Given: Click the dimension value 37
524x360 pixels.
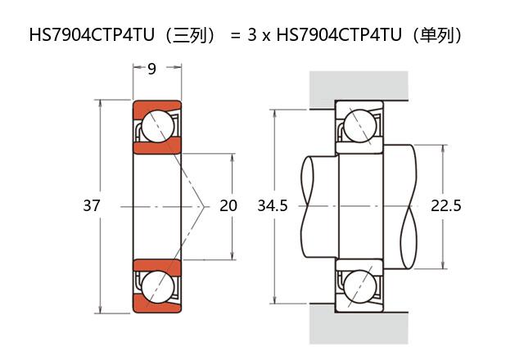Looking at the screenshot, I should tap(92, 206).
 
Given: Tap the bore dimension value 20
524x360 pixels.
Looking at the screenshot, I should tap(228, 206).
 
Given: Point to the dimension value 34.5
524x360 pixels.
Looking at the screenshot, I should tap(272, 206).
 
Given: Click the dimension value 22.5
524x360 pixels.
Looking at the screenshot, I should tap(446, 206).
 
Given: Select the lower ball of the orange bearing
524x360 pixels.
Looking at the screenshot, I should tap(156, 286).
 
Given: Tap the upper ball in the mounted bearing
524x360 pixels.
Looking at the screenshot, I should tap(359, 126).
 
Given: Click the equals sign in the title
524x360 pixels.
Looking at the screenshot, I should tap(234, 35).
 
